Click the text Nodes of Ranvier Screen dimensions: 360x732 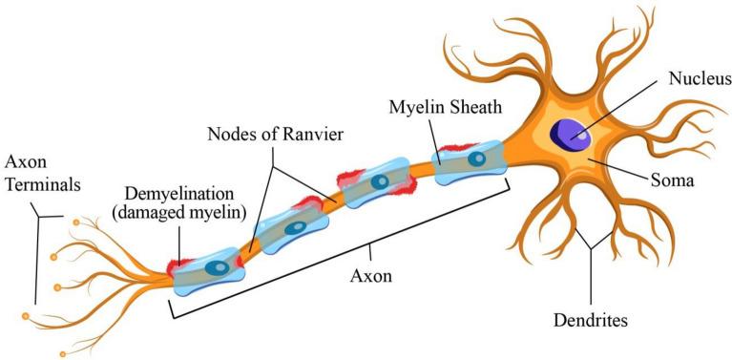click(269, 132)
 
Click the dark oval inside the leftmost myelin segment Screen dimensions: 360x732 click(219, 268)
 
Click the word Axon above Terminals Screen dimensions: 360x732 click(27, 159)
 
